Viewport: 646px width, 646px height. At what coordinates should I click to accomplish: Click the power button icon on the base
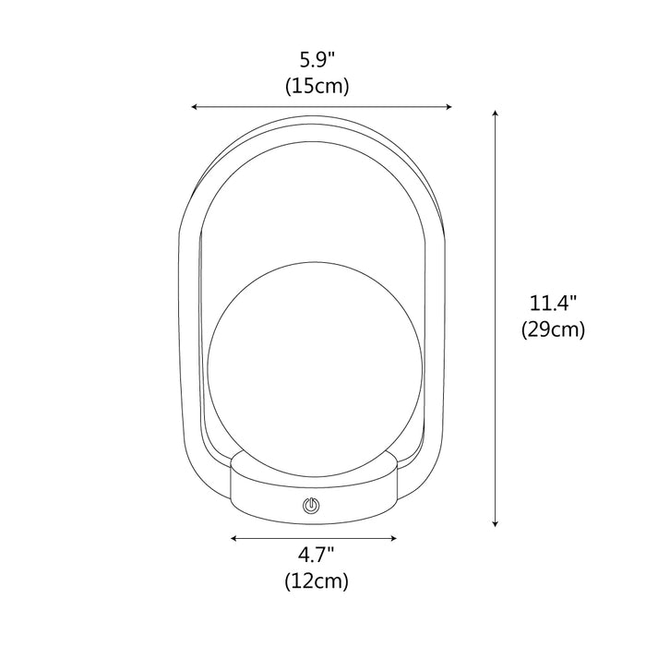tap(311, 505)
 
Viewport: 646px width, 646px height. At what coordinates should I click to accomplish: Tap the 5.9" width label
tap(317, 61)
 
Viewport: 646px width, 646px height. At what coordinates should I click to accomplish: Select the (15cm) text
tap(317, 87)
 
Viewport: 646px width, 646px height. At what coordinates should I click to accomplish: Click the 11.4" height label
tap(553, 304)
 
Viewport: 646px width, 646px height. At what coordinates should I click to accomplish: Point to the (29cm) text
tap(553, 329)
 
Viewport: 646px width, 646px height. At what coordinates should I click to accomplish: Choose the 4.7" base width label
tap(316, 556)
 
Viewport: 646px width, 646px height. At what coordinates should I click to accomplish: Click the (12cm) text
tap(317, 580)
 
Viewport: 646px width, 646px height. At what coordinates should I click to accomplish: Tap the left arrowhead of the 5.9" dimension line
tap(194, 107)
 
